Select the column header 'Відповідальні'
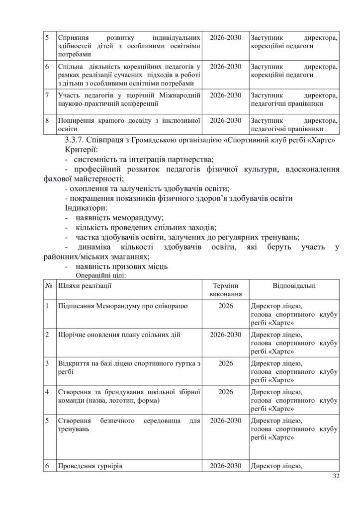294,286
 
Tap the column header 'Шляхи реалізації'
85,286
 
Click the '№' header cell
49,286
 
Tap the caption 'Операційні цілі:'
101,274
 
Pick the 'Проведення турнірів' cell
90,466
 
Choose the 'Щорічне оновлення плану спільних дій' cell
119,334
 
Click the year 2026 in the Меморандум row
226,305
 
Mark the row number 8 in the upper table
47,120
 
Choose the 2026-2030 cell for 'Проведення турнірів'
226,466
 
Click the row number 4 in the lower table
47,392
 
